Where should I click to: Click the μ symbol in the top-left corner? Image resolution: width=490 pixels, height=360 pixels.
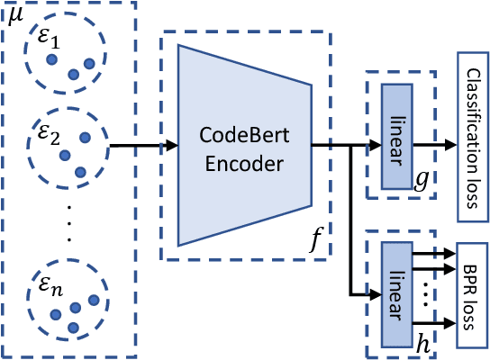[14, 15]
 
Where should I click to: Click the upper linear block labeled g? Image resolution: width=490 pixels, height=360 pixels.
[396, 137]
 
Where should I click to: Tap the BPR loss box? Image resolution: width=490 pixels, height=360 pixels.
[471, 294]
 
